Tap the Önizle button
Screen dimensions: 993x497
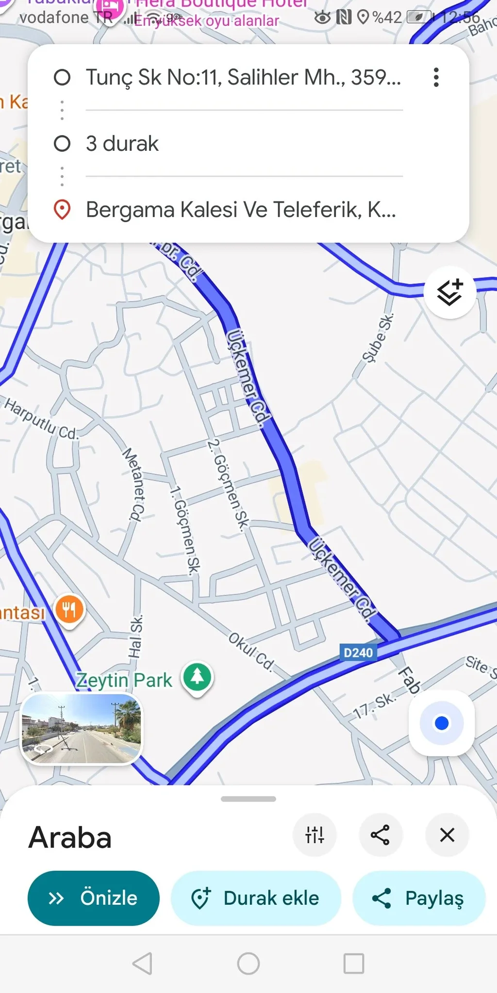[x=93, y=898]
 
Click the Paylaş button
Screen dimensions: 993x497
[x=419, y=898]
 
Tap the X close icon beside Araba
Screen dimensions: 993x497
[x=447, y=835]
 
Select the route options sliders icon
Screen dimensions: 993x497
[x=315, y=835]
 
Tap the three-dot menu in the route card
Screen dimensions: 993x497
[x=436, y=77]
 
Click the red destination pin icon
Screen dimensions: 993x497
[x=62, y=209]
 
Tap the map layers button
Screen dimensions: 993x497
[x=449, y=292]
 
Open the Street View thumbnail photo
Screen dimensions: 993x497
[x=82, y=728]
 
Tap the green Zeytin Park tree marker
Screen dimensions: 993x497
[x=197, y=676]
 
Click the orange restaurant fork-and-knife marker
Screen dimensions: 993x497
[x=69, y=609]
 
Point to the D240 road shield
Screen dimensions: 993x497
[x=358, y=653]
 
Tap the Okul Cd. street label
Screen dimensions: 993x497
[x=251, y=651]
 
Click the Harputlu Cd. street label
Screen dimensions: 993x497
[x=41, y=418]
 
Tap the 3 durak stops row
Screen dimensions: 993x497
[x=122, y=144]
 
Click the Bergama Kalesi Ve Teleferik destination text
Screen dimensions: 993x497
[x=241, y=209]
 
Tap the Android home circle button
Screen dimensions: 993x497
[x=248, y=963]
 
